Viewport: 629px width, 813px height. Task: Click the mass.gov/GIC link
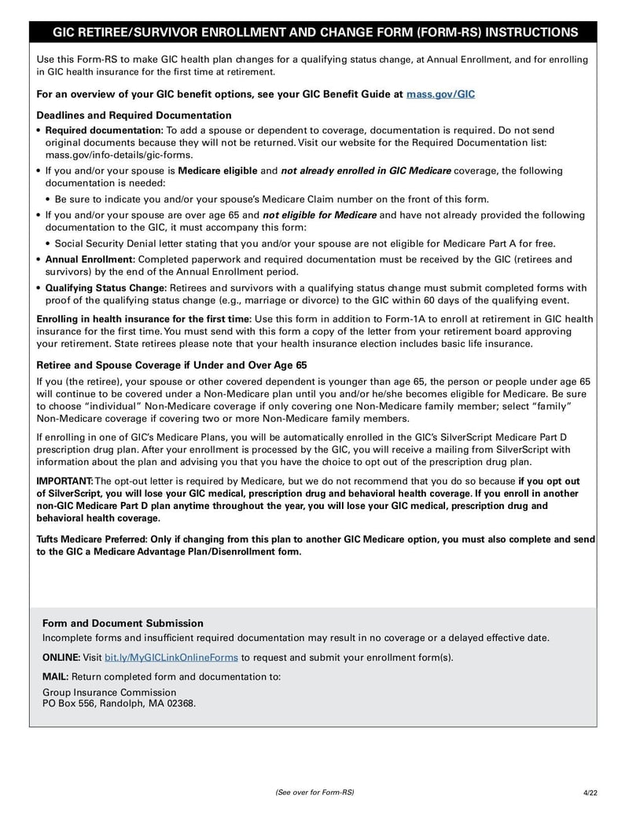coord(440,94)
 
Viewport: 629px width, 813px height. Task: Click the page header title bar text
coord(314,32)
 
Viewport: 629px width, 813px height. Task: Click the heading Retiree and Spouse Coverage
coord(172,365)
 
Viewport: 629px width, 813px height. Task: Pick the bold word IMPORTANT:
coord(64,481)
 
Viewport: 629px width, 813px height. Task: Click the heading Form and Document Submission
coord(123,623)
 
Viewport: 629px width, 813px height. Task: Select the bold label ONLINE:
coord(61,657)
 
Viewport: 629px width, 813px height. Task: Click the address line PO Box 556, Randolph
coord(119,704)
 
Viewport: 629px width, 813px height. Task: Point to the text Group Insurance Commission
coord(109,692)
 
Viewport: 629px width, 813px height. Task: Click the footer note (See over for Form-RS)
coord(314,792)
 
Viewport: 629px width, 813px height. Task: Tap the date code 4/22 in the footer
coord(590,792)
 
